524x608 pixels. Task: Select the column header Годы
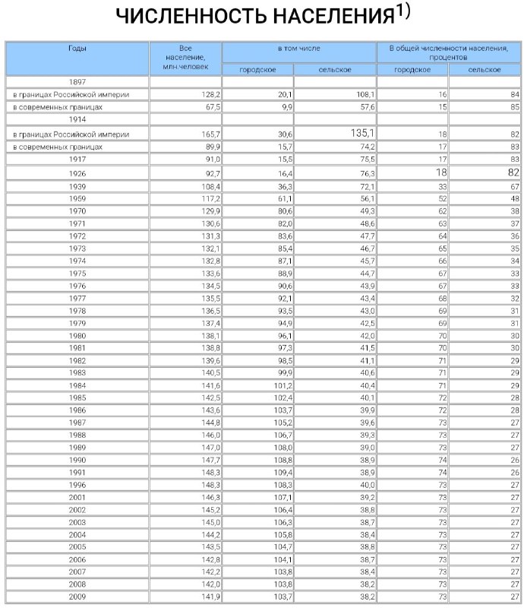click(x=77, y=48)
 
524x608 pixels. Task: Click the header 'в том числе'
click(x=298, y=48)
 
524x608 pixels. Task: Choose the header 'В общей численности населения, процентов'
click(x=448, y=52)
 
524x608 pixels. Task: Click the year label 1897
click(x=77, y=81)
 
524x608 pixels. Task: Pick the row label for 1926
click(x=77, y=174)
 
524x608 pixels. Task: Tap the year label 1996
click(x=77, y=484)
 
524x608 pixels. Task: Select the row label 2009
click(x=77, y=597)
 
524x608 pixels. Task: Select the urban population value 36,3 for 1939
click(x=283, y=186)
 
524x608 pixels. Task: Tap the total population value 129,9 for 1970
click(x=210, y=211)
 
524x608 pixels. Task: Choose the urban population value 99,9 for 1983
click(x=283, y=372)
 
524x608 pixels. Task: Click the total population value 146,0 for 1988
click(x=210, y=435)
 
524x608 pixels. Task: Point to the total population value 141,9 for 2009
click(x=210, y=597)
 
